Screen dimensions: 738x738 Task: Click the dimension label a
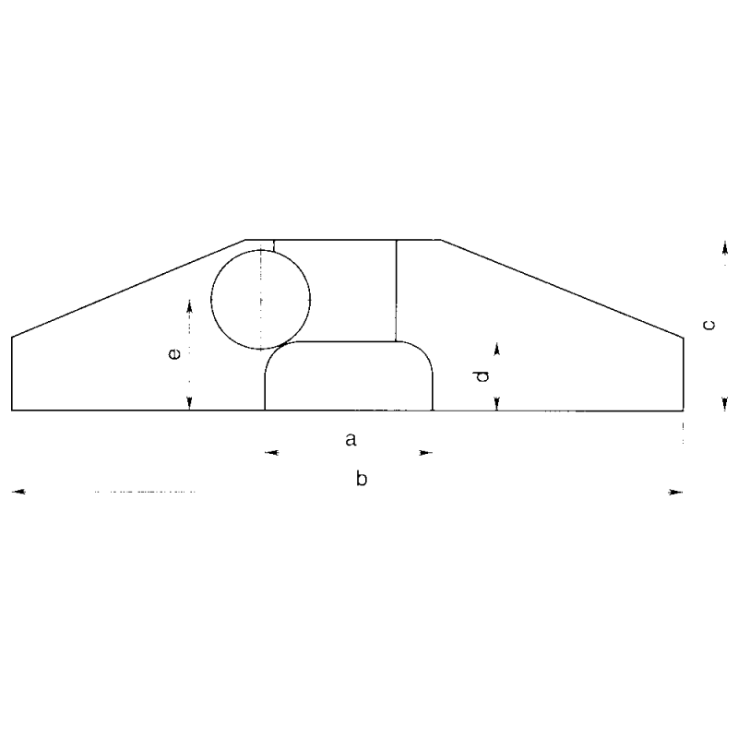(351, 440)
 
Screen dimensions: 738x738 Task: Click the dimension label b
(363, 480)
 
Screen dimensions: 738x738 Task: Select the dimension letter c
(708, 324)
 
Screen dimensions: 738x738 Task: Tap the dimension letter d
(480, 375)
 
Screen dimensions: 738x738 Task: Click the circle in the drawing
(260, 299)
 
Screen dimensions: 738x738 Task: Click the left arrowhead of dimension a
(271, 453)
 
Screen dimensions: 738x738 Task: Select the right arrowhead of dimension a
(425, 453)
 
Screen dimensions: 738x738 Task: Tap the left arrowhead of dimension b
(18, 493)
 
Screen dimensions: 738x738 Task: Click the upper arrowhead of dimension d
(496, 349)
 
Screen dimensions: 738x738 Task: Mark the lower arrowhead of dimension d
(496, 403)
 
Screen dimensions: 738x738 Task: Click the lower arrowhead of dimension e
(189, 403)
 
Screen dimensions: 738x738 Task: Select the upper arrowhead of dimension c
(724, 246)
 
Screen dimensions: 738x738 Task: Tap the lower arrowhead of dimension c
(724, 403)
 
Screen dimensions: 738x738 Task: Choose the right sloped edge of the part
(563, 289)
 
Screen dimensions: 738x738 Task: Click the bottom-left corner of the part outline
(12, 410)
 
